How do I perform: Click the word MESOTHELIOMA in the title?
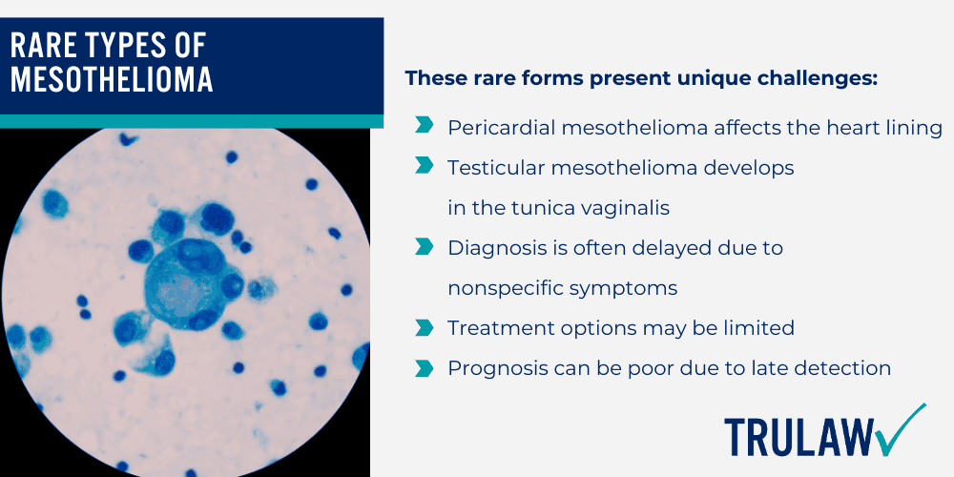112,80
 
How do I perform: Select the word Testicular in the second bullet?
492,167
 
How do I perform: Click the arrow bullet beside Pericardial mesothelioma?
423,126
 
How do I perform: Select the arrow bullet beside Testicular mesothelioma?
423,166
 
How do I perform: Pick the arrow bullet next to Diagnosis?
423,246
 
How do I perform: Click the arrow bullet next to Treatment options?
423,327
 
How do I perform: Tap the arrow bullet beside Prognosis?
423,367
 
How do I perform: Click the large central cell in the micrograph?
182,282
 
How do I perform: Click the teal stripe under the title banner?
191,121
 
